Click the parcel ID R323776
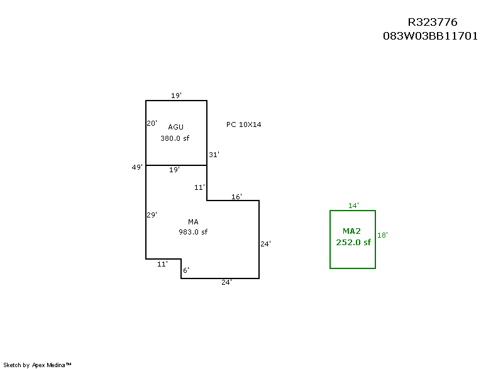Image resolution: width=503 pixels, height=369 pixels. click(433, 23)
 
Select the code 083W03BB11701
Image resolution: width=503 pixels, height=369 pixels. click(431, 36)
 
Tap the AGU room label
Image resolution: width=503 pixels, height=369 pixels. click(175, 127)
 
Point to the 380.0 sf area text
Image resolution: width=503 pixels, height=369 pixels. click(175, 138)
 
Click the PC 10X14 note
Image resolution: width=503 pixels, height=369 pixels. click(243, 124)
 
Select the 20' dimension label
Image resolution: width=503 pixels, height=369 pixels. click(152, 123)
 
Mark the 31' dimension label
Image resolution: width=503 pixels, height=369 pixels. click(214, 154)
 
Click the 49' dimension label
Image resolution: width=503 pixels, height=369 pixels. click(136, 167)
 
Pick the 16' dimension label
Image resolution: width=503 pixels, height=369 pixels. click(236, 197)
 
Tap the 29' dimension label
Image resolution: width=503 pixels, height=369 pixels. click(152, 214)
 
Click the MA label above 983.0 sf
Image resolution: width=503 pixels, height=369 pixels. click(193, 221)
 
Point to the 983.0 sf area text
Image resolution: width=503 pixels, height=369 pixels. click(193, 232)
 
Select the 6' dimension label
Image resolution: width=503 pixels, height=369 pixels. click(185, 270)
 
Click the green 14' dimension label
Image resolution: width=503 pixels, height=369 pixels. click(353, 206)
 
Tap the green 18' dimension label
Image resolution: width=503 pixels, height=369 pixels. click(382, 235)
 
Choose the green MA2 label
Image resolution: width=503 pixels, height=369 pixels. click(353, 231)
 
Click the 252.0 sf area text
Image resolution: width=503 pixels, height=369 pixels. click(353, 243)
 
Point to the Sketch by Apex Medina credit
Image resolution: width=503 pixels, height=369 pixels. click(37, 365)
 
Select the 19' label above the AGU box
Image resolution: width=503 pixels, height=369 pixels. click(176, 96)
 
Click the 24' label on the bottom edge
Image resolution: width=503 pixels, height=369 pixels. click(226, 282)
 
